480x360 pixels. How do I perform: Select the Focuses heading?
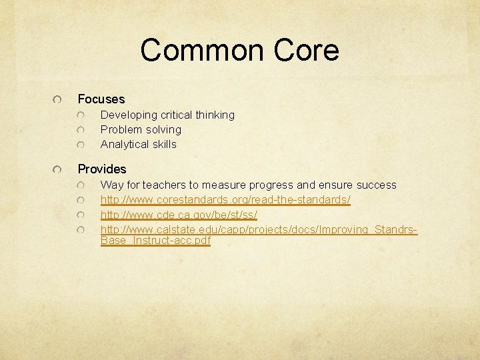coord(101,99)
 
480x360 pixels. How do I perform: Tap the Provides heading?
coord(102,169)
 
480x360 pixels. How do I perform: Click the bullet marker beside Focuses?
coord(59,99)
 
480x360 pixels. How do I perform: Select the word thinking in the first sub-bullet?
coord(215,115)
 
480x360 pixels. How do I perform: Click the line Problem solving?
coord(141,130)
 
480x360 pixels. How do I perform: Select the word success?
coord(376,185)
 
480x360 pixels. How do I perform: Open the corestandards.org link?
coord(225,200)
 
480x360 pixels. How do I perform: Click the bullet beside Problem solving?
coord(81,130)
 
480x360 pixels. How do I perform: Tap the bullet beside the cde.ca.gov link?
coord(81,215)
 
